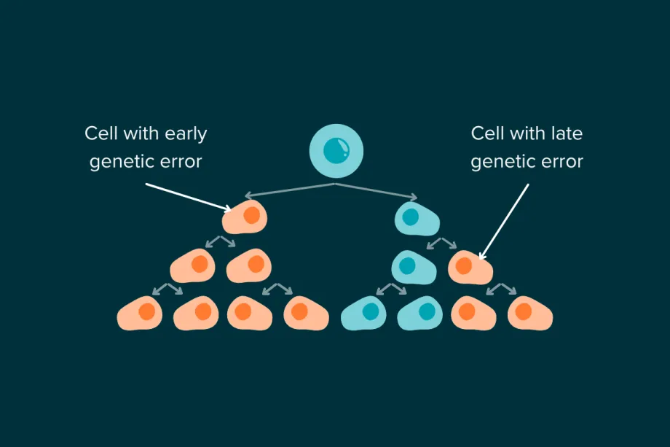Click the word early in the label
185,134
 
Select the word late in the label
567,133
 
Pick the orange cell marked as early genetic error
246,217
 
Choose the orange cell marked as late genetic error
470,266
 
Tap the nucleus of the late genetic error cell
464,265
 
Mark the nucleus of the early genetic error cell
251,216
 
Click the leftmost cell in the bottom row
139,313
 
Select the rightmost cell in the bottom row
529,313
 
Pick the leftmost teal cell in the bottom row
364,313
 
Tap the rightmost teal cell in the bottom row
420,313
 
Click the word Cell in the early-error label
101,134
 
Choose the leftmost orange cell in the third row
192,266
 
